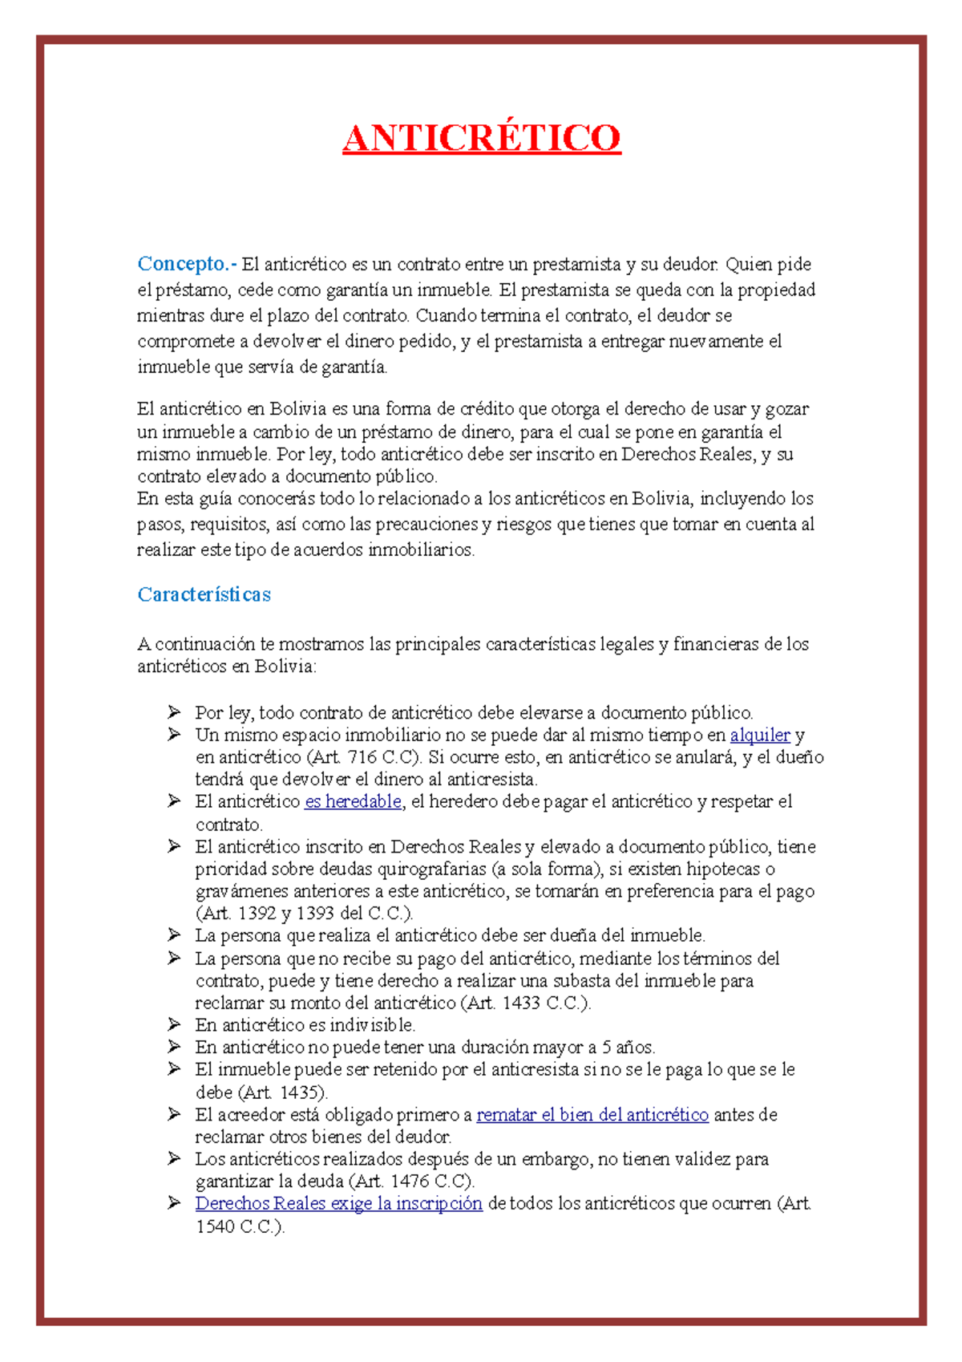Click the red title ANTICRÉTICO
(481, 138)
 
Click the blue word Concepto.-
(186, 264)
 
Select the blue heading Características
(204, 594)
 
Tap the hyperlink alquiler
(760, 735)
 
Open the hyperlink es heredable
(353, 801)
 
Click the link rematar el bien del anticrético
(592, 1115)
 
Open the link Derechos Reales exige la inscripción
(338, 1203)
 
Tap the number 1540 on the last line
(215, 1226)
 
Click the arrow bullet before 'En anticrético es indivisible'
(174, 1024)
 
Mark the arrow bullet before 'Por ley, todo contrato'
(174, 712)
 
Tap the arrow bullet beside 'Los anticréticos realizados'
(174, 1158)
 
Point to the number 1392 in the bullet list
(257, 914)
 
